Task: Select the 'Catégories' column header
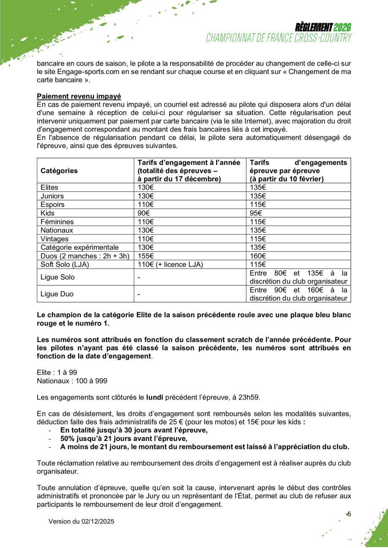pyautogui.click(x=59, y=171)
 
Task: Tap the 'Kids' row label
pyautogui.click(x=48, y=213)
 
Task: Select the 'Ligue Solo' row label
pyautogui.click(x=57, y=277)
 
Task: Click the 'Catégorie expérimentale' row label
pyautogui.click(x=80, y=247)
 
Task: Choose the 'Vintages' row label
pyautogui.click(x=54, y=239)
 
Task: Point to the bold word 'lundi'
pyautogui.click(x=155, y=397)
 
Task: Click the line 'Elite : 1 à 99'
pyautogui.click(x=57, y=372)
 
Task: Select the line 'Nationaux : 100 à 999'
pyautogui.click(x=72, y=381)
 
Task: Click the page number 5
pyautogui.click(x=349, y=514)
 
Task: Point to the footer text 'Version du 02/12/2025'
pyautogui.click(x=81, y=521)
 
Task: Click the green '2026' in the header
pyautogui.click(x=342, y=28)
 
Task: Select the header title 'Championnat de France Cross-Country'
pyautogui.click(x=279, y=38)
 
